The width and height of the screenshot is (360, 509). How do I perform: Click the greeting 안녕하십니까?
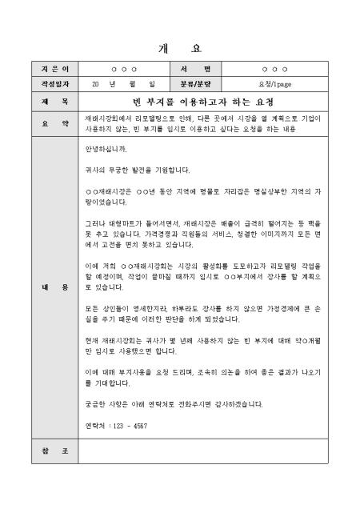(x=106, y=149)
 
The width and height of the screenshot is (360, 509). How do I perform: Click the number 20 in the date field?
(x=95, y=83)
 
